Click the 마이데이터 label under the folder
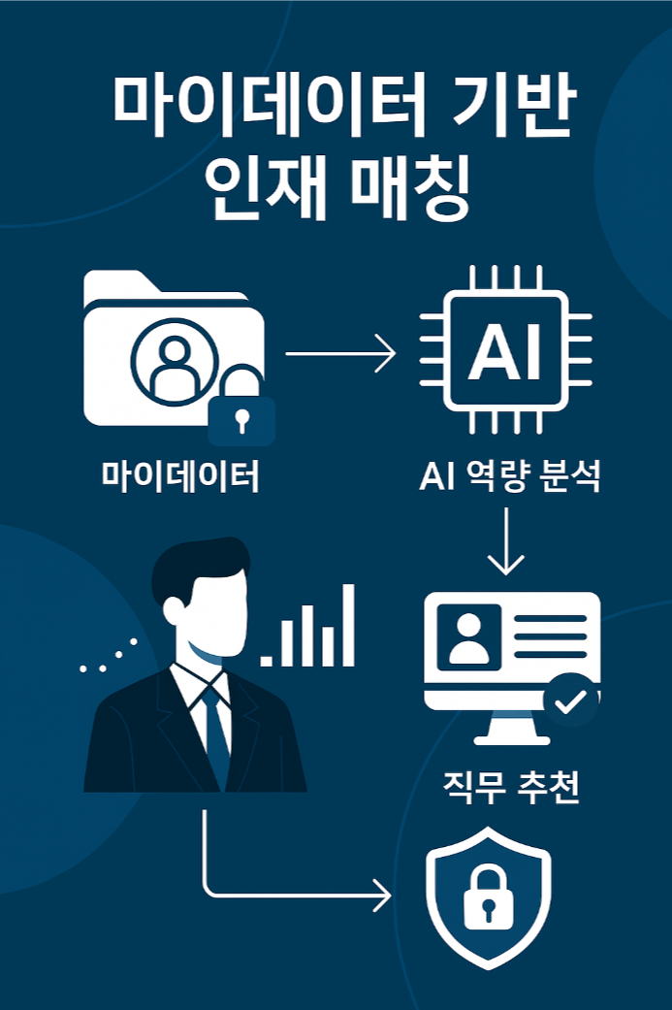coord(180,475)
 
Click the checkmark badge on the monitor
coord(571,700)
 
